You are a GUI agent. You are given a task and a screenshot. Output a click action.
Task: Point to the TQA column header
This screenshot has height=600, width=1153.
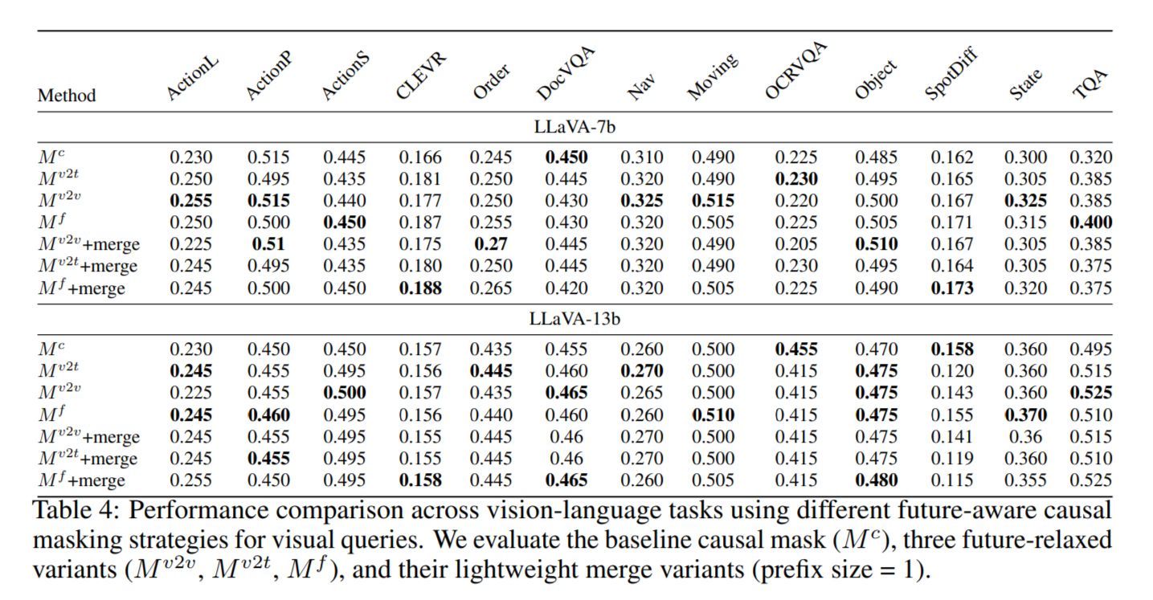(1091, 84)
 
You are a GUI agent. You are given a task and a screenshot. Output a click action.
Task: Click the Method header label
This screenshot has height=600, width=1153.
(67, 96)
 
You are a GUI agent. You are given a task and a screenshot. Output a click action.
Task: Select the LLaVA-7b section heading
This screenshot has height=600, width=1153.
(574, 127)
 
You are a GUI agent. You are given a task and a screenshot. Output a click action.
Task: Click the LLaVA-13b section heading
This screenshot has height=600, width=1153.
(574, 319)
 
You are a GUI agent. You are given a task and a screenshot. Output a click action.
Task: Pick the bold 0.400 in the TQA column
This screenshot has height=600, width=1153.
(1090, 222)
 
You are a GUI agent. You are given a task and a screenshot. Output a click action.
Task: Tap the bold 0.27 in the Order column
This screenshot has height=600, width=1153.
(490, 244)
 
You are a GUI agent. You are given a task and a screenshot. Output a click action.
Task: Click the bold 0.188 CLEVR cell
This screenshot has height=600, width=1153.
(420, 288)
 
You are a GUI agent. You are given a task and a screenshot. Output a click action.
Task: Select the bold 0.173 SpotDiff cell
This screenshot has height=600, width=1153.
(952, 288)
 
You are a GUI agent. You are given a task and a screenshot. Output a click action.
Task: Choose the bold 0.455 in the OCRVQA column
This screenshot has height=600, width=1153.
(796, 349)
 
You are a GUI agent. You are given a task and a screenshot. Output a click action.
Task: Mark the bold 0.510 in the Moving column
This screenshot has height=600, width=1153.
(713, 415)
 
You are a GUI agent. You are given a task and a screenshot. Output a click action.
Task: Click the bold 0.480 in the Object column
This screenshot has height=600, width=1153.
(876, 480)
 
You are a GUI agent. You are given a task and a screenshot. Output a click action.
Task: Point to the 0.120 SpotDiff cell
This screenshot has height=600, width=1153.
(952, 371)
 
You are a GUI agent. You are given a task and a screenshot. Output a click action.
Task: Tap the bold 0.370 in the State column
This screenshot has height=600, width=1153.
(1025, 415)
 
